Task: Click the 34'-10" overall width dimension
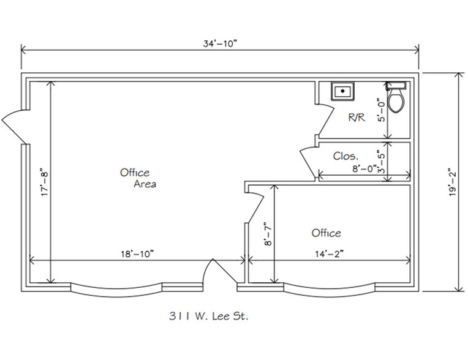[x=219, y=43]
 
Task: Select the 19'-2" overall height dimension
[x=452, y=182]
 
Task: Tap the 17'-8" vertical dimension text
[x=43, y=182]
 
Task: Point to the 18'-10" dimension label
[x=135, y=253]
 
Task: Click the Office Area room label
[x=137, y=178]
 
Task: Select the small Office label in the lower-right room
[x=326, y=233]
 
